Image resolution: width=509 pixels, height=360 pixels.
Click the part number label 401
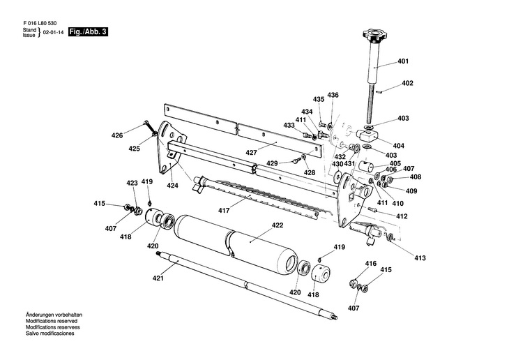click(x=403, y=62)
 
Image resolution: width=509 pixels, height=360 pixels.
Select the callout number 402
click(x=407, y=84)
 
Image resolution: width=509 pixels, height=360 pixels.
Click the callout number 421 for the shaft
click(x=158, y=278)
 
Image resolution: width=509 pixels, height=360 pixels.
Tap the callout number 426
click(x=117, y=135)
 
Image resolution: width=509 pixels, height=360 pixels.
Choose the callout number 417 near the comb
click(x=224, y=209)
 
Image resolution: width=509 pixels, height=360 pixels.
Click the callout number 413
click(x=420, y=258)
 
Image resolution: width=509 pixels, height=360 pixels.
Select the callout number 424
click(x=172, y=186)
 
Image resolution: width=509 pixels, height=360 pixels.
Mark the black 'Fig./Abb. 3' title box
click(x=88, y=33)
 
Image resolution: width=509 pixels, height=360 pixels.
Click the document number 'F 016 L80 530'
click(x=40, y=22)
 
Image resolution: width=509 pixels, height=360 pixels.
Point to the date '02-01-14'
click(x=53, y=33)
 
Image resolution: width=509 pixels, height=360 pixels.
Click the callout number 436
click(x=333, y=95)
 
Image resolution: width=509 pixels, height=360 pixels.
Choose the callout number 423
click(x=132, y=183)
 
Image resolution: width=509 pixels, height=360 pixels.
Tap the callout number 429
click(x=273, y=163)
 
